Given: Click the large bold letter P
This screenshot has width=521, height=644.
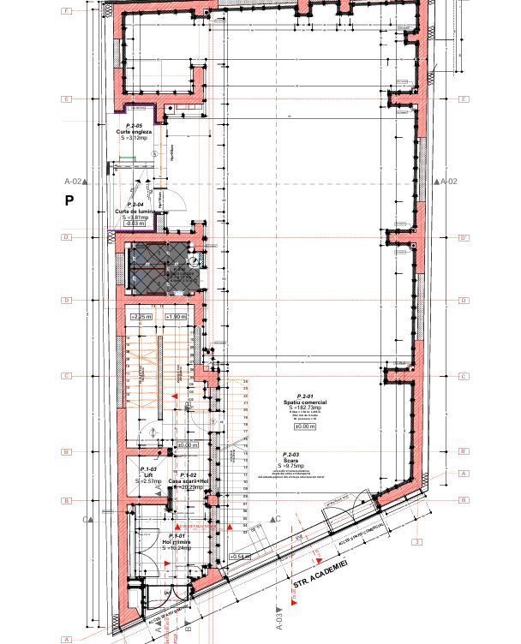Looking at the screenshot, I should [x=69, y=200].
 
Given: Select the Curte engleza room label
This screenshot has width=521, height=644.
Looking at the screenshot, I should [x=134, y=131].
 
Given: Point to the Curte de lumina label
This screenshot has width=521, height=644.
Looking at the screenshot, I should [x=134, y=212].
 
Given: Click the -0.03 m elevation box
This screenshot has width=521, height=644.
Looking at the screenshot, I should [x=134, y=224].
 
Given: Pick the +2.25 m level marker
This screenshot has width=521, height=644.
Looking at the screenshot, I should [x=141, y=317].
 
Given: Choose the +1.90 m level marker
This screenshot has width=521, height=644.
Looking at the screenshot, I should [x=175, y=317].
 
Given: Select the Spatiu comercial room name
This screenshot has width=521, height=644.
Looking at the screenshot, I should [x=305, y=402].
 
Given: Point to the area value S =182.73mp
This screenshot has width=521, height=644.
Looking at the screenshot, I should [x=305, y=408].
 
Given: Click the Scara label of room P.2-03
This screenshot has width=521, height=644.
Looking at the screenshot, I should [x=290, y=460].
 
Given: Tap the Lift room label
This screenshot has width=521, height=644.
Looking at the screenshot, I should [x=147, y=475].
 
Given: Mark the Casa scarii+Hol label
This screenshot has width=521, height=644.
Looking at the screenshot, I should [x=188, y=481].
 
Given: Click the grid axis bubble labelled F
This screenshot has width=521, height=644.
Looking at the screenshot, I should [x=66, y=12].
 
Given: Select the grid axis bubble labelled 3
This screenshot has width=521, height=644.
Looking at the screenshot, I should [x=417, y=542].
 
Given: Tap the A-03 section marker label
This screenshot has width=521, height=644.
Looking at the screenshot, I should [x=278, y=615].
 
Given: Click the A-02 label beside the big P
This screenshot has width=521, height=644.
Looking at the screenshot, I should [x=74, y=182].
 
